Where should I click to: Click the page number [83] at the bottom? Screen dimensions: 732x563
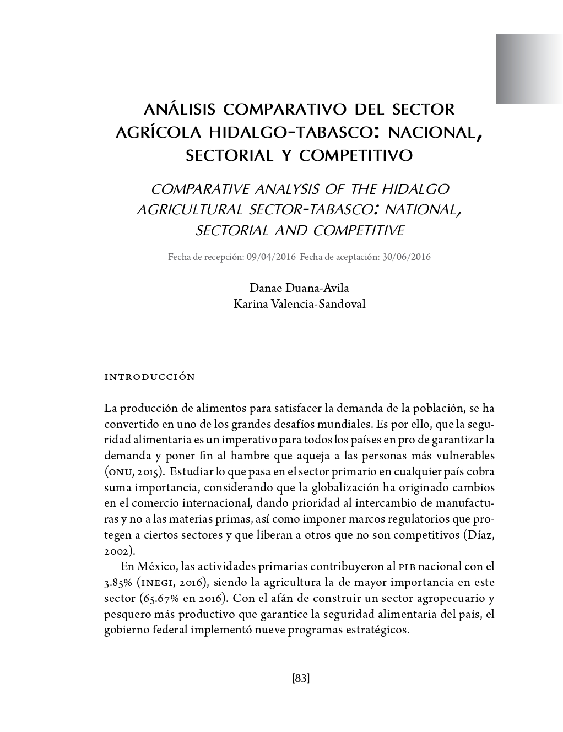(301, 678)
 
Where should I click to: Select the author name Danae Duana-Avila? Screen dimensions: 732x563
(299, 288)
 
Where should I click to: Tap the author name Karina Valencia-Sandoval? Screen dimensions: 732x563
(299, 303)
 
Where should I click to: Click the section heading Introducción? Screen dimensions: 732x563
(150, 377)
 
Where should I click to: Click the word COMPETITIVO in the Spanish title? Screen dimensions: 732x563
(356, 156)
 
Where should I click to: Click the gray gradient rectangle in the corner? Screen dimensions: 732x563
(529, 69)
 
